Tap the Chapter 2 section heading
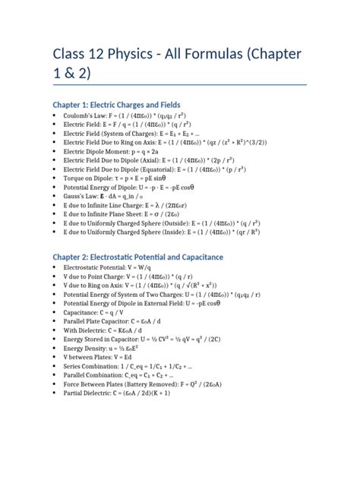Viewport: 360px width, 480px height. [137, 257]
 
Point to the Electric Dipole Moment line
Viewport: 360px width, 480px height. [114, 151]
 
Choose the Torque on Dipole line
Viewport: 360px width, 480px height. [115, 173]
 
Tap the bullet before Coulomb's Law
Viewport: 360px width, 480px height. [55, 116]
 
